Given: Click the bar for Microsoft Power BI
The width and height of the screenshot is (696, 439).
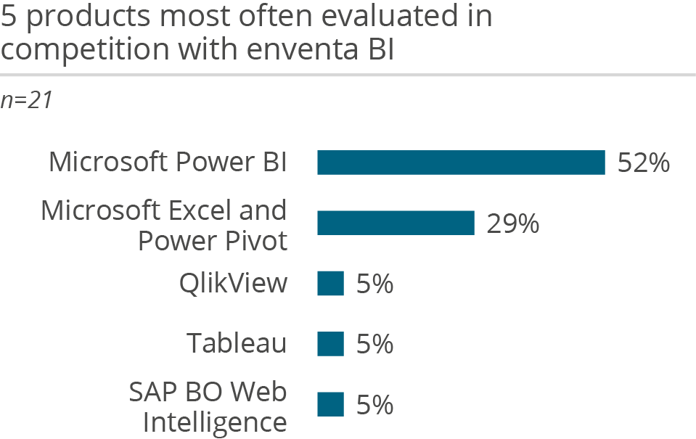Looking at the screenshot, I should coord(461,163).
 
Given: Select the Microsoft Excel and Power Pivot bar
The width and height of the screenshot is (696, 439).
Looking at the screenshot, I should coord(396,223).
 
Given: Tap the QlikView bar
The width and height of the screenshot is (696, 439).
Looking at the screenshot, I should coord(330,284).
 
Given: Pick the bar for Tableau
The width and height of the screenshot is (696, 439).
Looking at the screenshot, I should coord(330,344).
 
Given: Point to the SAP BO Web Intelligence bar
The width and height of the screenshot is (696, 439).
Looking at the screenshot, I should coord(330,405).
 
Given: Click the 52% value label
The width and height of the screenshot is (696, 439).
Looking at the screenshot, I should coord(643,163).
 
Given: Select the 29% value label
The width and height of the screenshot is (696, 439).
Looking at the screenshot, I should coord(512,224).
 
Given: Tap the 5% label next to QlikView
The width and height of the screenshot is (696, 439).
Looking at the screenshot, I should coord(374,284).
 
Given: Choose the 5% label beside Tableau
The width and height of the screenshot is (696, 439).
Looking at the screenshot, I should coord(374,345).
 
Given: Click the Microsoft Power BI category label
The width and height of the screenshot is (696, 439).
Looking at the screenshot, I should coord(168,163).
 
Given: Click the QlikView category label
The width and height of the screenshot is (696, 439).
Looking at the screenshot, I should coord(233,284).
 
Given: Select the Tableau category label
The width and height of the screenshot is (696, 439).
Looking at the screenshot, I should coord(237,343).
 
